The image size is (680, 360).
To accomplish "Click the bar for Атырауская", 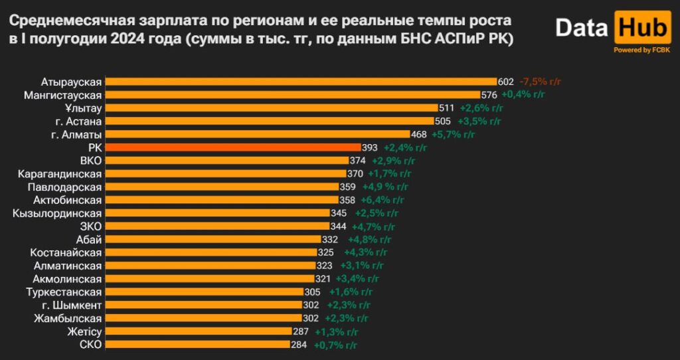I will pyautogui.click(x=301, y=82).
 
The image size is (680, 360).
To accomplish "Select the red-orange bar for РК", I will pyautogui.click(x=233, y=147).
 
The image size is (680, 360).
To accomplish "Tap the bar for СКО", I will pyautogui.click(x=197, y=345).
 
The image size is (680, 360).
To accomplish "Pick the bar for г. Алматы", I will pyautogui.click(x=258, y=134).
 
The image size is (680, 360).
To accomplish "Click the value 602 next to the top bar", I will pyautogui.click(x=506, y=82).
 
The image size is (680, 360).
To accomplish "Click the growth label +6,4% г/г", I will pyautogui.click(x=382, y=200).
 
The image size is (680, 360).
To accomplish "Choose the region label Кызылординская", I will pyautogui.click(x=57, y=213).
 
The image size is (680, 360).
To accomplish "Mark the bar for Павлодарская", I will pyautogui.click(x=222, y=187).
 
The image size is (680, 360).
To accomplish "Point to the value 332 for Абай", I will pyautogui.click(x=330, y=239).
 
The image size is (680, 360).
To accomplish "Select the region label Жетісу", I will pyautogui.click(x=84, y=331).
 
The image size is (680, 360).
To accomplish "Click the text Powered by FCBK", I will pyautogui.click(x=641, y=50).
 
